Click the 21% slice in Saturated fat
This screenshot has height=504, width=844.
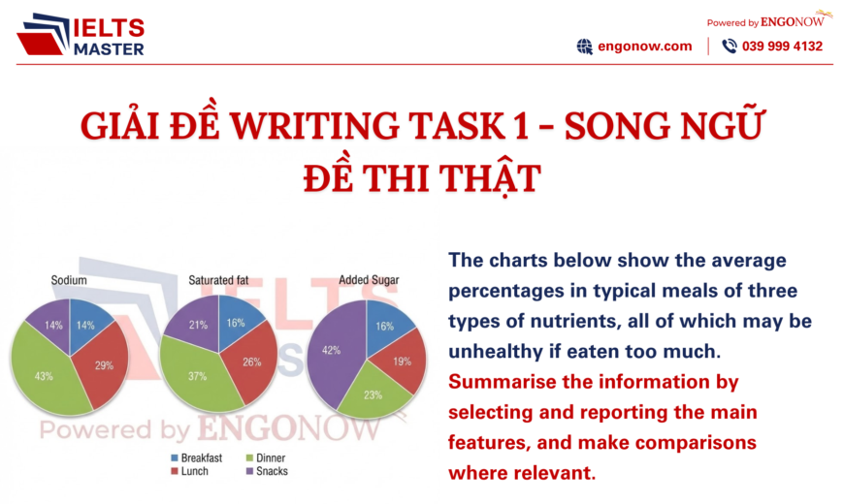tap(198, 325)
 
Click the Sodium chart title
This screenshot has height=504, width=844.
tap(69, 280)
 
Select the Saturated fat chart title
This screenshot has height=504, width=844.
tap(218, 280)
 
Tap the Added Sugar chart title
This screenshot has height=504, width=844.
tap(369, 280)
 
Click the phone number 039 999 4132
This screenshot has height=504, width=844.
tap(782, 46)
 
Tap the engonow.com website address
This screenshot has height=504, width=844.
tap(646, 46)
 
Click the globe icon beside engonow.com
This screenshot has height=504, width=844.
tap(584, 46)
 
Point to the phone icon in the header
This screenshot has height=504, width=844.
tap(730, 46)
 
